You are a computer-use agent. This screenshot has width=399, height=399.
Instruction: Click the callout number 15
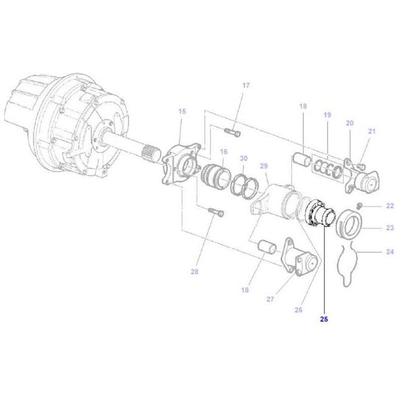(180, 112)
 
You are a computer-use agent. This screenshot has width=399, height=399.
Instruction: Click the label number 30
(243, 159)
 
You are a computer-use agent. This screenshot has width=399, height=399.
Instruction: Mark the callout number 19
(326, 115)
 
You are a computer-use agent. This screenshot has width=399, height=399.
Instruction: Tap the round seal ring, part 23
(348, 225)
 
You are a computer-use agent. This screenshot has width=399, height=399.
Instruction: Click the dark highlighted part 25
(320, 210)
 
